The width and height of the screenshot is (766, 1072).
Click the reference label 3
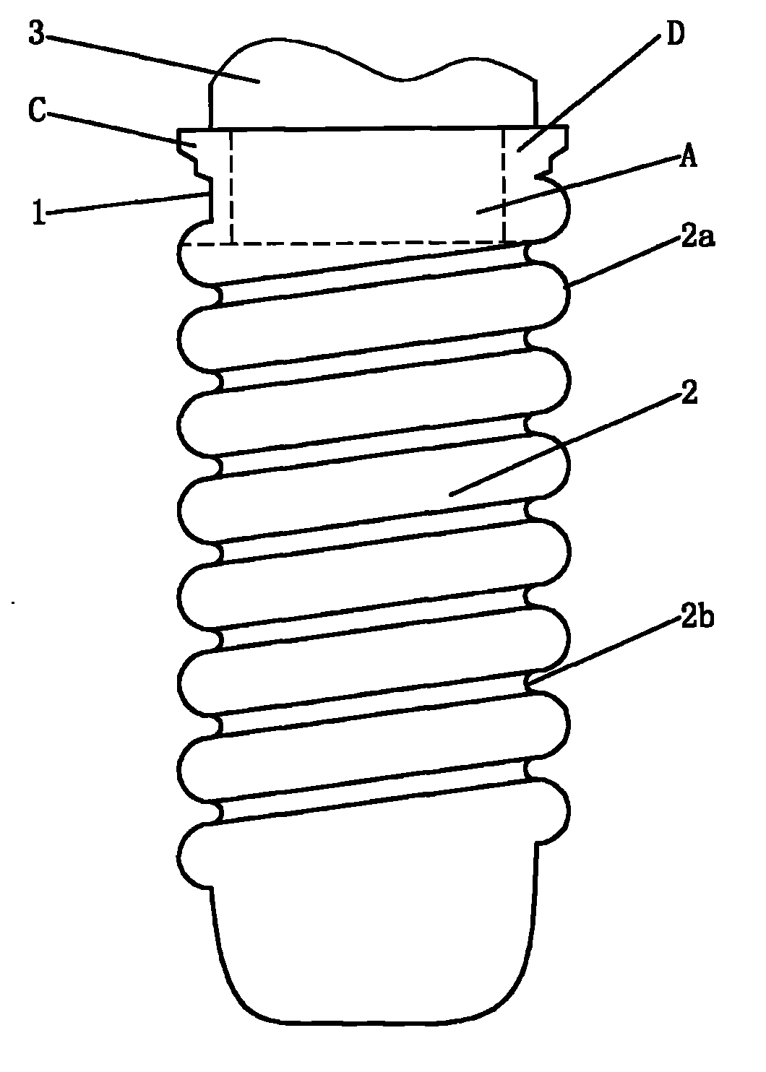pyautogui.click(x=36, y=33)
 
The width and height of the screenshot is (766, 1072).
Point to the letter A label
pyautogui.click(x=689, y=156)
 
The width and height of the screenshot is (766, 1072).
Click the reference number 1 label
pyautogui.click(x=39, y=213)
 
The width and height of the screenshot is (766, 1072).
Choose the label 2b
pyautogui.click(x=697, y=618)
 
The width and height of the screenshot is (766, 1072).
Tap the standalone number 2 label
pyautogui.click(x=689, y=392)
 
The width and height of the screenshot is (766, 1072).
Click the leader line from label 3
pyautogui.click(x=152, y=59)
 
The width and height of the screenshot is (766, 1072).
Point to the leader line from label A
pyautogui.click(x=578, y=186)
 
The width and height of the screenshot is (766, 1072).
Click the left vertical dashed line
pyautogui.click(x=232, y=186)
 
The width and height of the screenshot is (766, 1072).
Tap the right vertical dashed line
pyautogui.click(x=504, y=186)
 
